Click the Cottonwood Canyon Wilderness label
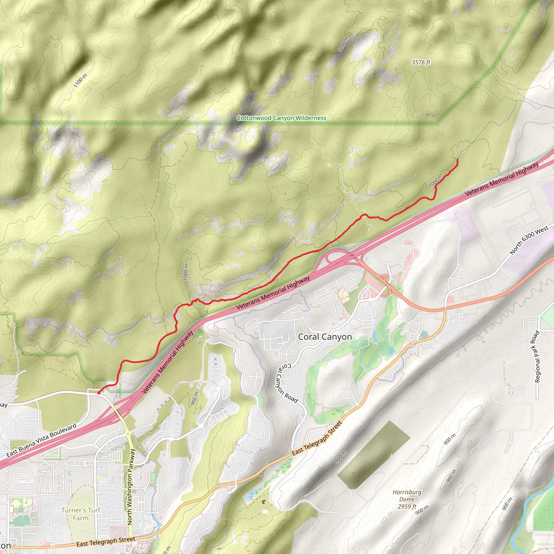tap(281, 118)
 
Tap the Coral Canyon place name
tap(325, 337)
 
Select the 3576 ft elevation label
tap(421, 62)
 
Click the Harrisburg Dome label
tap(407, 499)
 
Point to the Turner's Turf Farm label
tap(81, 514)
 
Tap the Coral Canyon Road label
tap(286, 383)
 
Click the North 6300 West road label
tap(529, 240)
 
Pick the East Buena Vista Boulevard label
tap(41, 440)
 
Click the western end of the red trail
tap(99, 393)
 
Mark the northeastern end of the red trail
tap(457, 159)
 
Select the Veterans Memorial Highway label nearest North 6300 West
tap(502, 180)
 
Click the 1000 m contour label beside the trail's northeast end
tap(436, 180)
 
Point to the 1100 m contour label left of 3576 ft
tap(343, 44)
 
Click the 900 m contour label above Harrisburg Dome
tap(449, 439)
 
